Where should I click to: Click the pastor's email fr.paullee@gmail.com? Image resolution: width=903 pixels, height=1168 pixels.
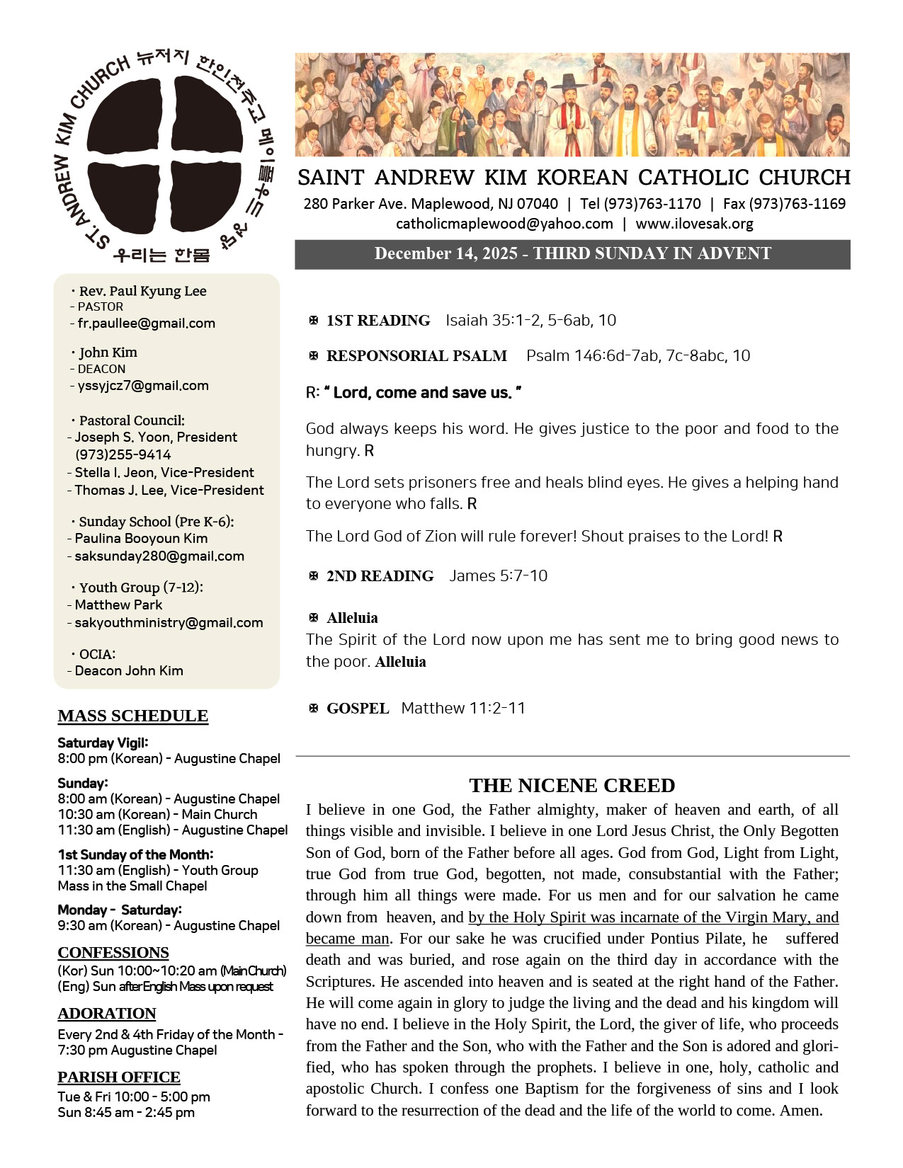pyautogui.click(x=146, y=324)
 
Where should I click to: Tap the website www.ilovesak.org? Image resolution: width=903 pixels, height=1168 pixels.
pyautogui.click(x=694, y=224)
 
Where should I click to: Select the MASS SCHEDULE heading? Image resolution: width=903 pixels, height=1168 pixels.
pyautogui.click(x=133, y=716)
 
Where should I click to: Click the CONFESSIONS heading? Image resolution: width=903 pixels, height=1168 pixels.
pyautogui.click(x=113, y=952)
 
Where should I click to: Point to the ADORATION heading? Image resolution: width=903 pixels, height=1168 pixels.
pyautogui.click(x=107, y=1013)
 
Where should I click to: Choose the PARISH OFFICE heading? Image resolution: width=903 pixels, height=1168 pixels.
pyautogui.click(x=119, y=1077)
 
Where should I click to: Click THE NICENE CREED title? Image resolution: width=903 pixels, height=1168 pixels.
pyautogui.click(x=572, y=785)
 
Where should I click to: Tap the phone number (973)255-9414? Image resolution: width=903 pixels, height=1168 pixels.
pyautogui.click(x=123, y=454)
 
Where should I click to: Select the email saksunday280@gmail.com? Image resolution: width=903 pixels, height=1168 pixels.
pyautogui.click(x=159, y=556)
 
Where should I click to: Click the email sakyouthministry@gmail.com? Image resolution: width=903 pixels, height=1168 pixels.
pyautogui.click(x=169, y=623)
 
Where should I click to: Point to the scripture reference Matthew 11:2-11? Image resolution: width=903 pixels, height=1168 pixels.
pyautogui.click(x=463, y=708)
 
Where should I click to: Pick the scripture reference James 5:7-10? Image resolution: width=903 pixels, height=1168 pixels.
pyautogui.click(x=499, y=576)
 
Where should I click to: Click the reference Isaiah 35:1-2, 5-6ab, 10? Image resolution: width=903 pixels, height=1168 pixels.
pyautogui.click(x=530, y=320)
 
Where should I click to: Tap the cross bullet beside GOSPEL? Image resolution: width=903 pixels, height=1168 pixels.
pyautogui.click(x=314, y=708)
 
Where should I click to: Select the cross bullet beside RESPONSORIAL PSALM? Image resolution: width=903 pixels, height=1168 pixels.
pyautogui.click(x=314, y=355)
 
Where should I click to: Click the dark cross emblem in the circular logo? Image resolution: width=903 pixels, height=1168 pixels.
pyautogui.click(x=165, y=154)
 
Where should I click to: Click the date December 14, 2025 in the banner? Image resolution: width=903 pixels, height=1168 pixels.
pyautogui.click(x=445, y=253)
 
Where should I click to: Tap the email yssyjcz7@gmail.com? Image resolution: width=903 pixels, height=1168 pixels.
pyautogui.click(x=143, y=386)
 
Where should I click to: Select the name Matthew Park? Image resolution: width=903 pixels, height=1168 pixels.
pyautogui.click(x=118, y=605)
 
